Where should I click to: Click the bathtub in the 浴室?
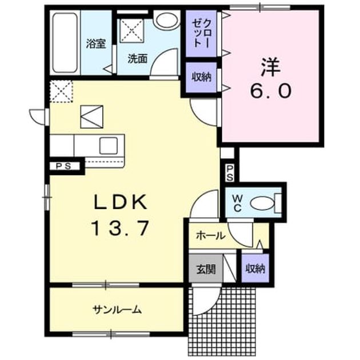tap(65, 42)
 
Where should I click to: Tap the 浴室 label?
tap(96, 44)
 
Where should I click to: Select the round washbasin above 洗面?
tap(167, 21)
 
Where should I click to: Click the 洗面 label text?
tap(138, 59)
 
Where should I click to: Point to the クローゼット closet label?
tap(201, 33)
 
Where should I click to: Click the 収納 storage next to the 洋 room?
tap(201, 77)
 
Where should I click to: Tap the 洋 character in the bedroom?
tap(271, 67)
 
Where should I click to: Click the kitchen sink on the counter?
tap(109, 146)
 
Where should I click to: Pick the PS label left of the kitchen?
tap(63, 166)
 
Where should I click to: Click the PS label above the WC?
tap(230, 173)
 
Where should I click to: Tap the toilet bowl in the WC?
tap(262, 203)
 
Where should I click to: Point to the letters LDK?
tap(120, 202)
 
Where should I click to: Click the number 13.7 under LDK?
tap(120, 228)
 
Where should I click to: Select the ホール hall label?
tap(211, 236)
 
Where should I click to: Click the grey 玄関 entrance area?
tap(206, 269)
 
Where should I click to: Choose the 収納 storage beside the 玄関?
tap(255, 269)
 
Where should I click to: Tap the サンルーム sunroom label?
tap(117, 310)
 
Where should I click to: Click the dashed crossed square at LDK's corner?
tap(61, 91)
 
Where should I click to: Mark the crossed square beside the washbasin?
tap(132, 31)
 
